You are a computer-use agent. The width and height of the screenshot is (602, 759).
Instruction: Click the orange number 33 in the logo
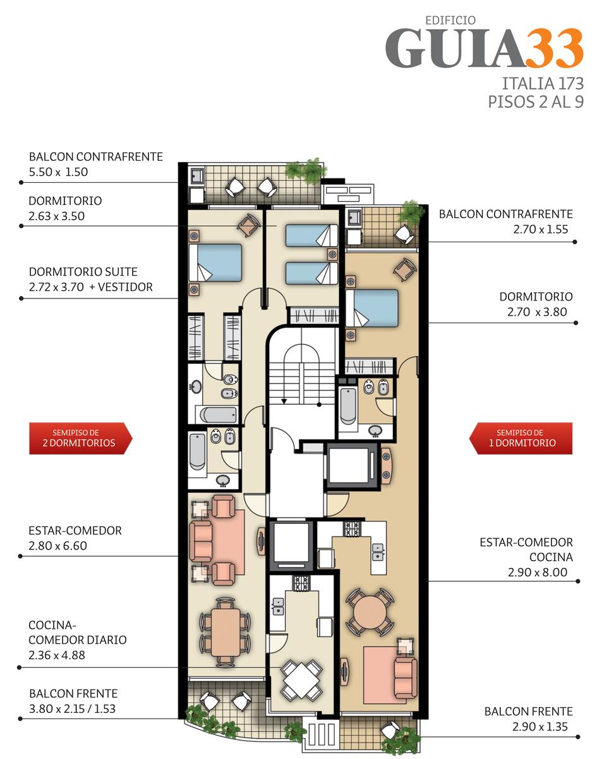pos(553,48)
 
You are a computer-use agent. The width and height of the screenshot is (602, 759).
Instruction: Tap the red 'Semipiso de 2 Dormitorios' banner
pos(80,438)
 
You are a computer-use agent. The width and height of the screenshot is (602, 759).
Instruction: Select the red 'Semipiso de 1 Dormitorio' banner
pos(521,438)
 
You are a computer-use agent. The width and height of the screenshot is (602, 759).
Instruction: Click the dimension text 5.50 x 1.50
pos(59,172)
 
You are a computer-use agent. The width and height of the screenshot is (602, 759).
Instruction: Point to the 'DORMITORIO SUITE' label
pos(83,271)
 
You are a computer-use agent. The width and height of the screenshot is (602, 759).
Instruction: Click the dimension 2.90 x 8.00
pos(537,572)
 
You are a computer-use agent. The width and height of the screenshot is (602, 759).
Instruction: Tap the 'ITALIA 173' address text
pos(543,83)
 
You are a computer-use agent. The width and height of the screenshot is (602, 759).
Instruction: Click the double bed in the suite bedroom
pos(215,262)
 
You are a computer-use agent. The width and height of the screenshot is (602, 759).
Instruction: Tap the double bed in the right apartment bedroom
pos(372,308)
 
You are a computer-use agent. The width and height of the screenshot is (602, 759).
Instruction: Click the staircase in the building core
pos(302,374)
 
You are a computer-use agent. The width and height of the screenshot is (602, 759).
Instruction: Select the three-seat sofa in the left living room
pos(201,541)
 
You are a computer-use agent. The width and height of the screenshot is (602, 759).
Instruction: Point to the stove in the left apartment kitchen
pos(301,583)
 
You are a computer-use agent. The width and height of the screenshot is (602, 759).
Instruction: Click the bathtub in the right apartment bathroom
pos(348,405)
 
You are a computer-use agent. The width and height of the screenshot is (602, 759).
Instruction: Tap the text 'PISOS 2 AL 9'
pos(536,102)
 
